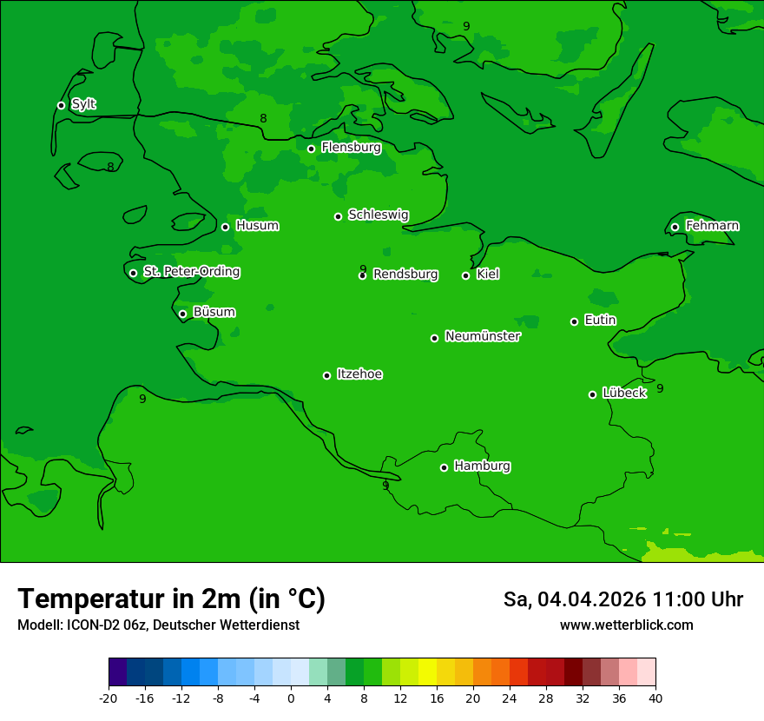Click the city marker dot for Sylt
(x=61, y=105)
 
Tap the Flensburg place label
(x=351, y=148)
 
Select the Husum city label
(x=257, y=226)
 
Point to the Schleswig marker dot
(x=338, y=216)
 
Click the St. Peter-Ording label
(x=191, y=272)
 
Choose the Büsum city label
(x=214, y=312)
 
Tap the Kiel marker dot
(x=465, y=275)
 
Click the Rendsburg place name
(x=405, y=275)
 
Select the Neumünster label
(x=483, y=336)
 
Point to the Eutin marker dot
(x=574, y=321)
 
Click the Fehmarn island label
(x=712, y=226)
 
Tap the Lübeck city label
(x=624, y=393)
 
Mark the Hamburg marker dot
(x=444, y=467)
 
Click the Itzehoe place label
(x=359, y=374)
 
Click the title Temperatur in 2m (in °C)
(x=171, y=599)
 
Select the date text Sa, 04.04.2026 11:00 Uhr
(x=622, y=599)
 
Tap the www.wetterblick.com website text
(x=626, y=625)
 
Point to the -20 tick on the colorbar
(x=109, y=698)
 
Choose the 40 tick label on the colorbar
(x=655, y=698)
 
